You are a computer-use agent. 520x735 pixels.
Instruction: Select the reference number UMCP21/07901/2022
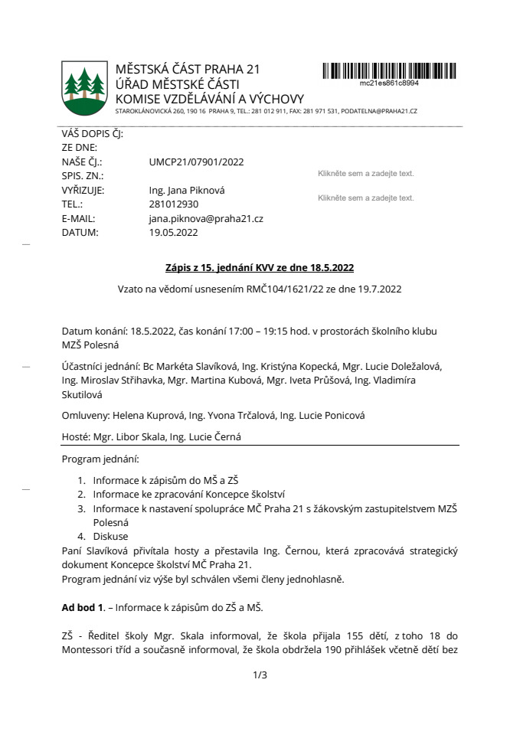point(196,162)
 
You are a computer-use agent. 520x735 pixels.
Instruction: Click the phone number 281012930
point(174,204)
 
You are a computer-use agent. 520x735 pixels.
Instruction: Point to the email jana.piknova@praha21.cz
point(206,219)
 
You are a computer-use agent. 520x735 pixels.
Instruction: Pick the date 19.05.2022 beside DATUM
point(173,234)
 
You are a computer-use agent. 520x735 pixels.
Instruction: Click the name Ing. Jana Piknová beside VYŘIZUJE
point(187,190)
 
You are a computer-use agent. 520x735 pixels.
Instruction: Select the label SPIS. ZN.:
point(83,176)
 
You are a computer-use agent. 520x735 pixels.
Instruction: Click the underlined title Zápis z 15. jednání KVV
point(260,268)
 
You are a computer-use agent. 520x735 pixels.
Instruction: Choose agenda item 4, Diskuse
point(111,536)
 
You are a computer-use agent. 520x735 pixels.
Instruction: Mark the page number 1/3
point(260,675)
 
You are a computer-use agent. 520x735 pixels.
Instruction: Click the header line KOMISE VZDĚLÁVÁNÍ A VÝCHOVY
point(209,99)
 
